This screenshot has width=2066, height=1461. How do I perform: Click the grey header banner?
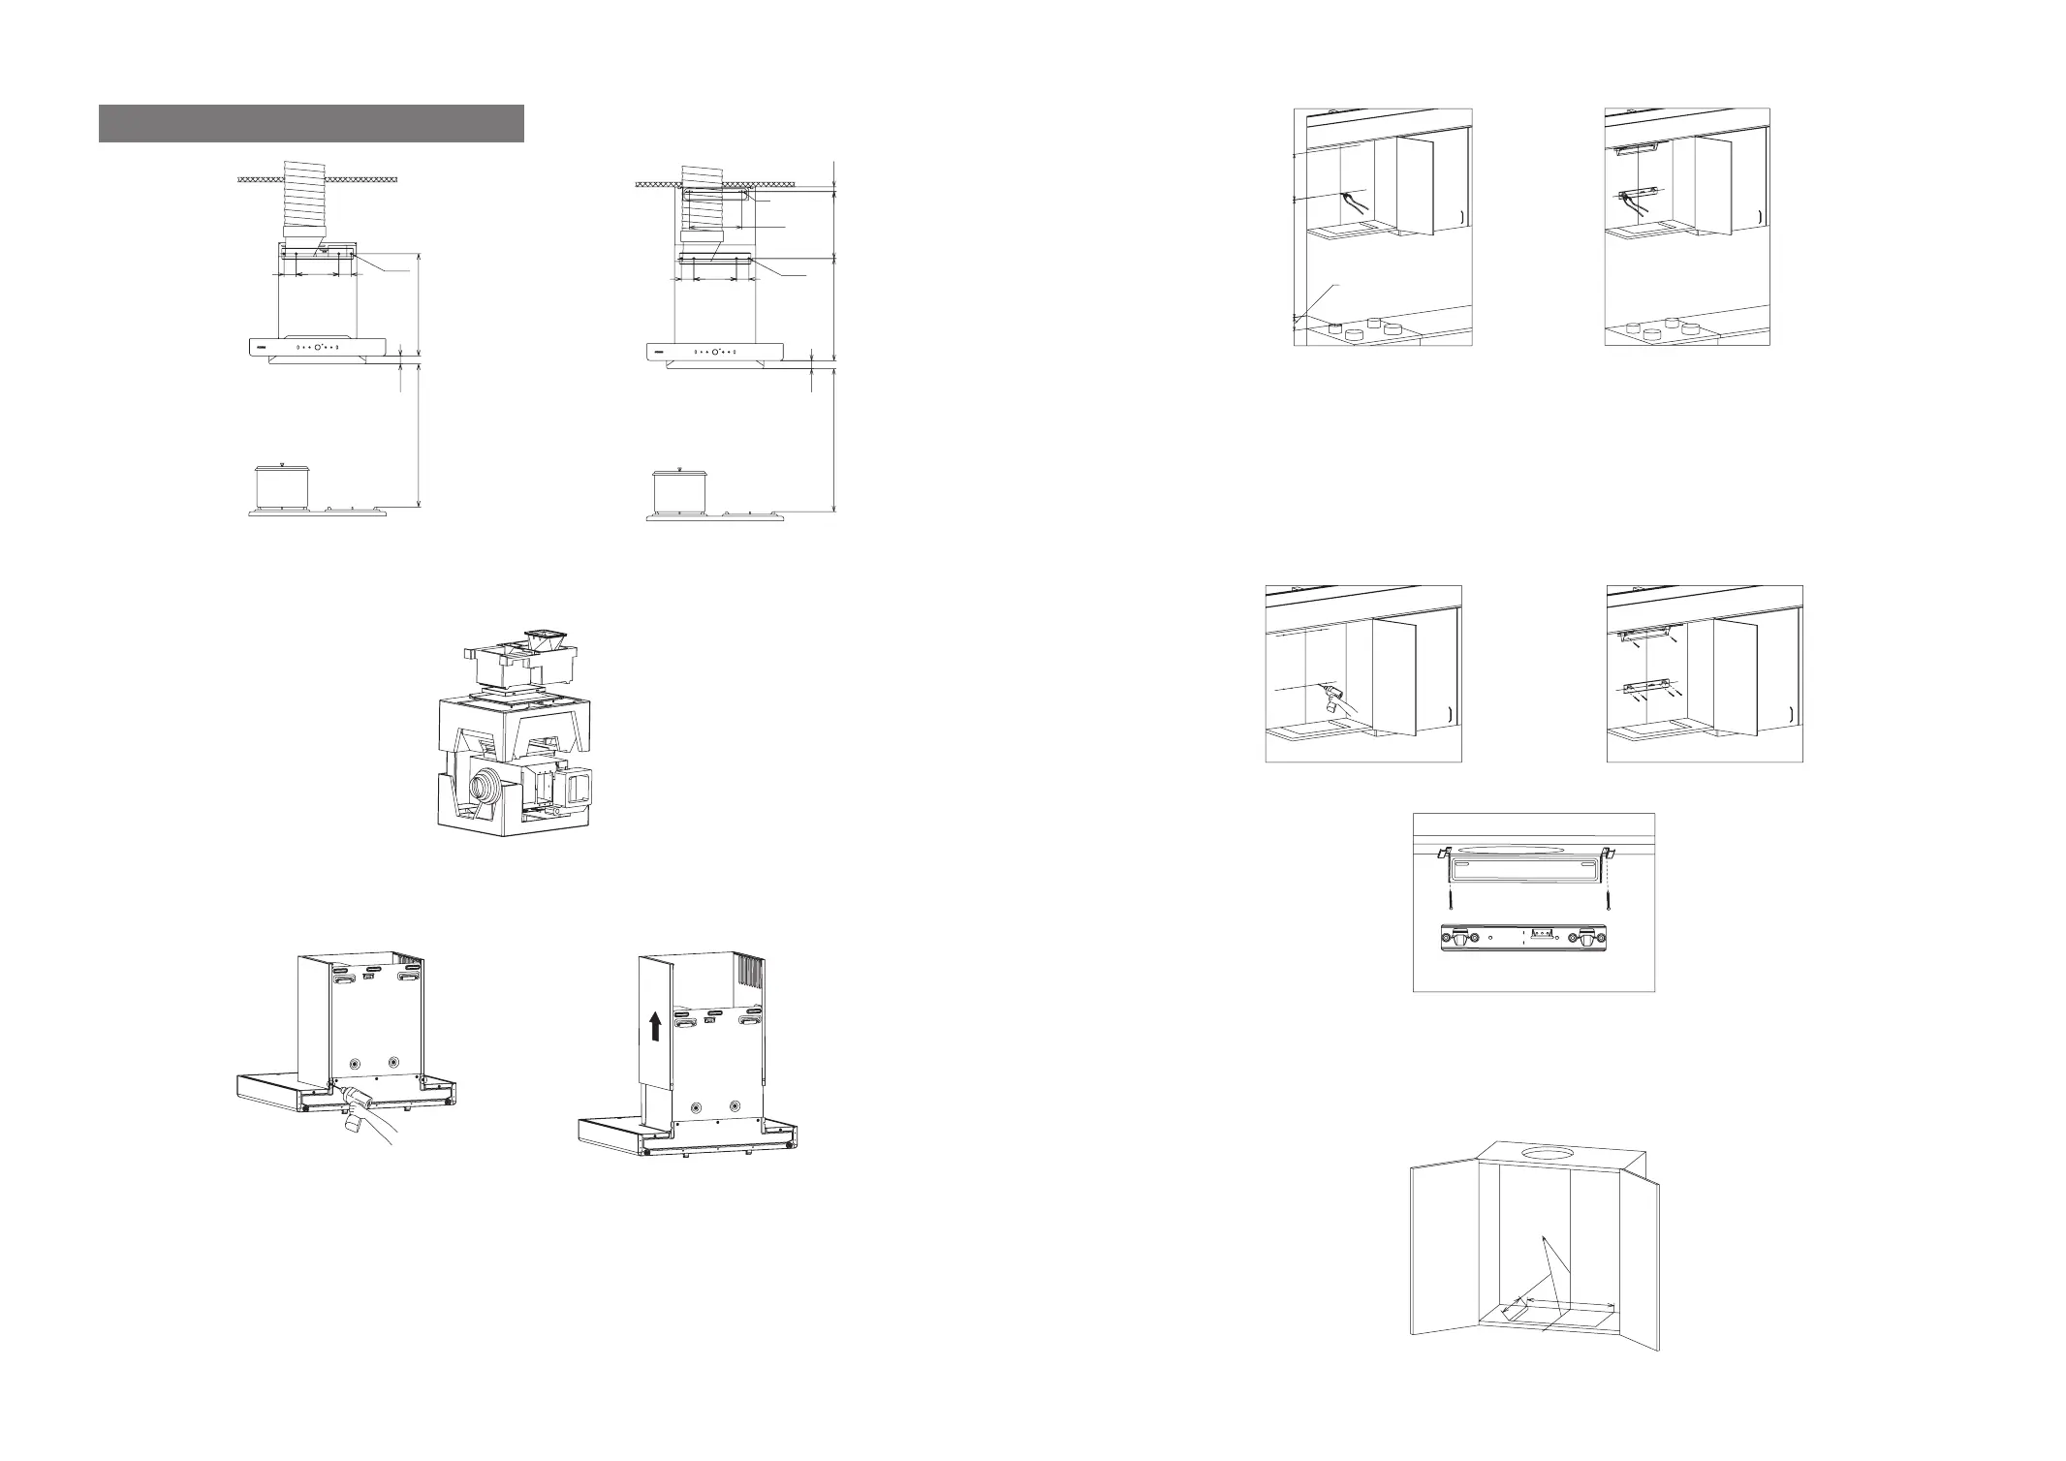311,123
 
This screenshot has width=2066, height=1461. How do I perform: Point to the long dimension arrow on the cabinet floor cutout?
1570,1304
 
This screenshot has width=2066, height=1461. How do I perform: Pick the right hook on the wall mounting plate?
1587,939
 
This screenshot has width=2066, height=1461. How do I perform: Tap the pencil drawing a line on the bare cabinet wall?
1349,200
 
